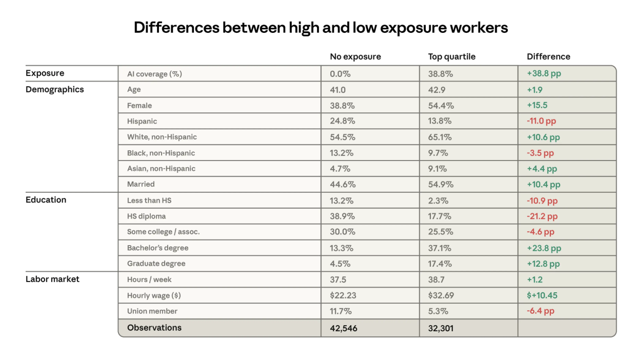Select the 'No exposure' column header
[x=355, y=56]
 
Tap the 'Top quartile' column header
[x=451, y=56]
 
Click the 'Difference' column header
[x=548, y=56]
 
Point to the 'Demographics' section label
[x=54, y=89]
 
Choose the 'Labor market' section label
[x=52, y=279]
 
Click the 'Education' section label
[x=46, y=200]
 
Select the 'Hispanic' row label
[x=142, y=122]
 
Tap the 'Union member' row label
[x=152, y=311]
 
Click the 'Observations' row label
[x=154, y=327]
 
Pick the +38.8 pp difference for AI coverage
[x=544, y=73]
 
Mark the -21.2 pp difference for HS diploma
[x=542, y=216]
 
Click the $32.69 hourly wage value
[x=441, y=295]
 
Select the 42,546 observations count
[x=344, y=328]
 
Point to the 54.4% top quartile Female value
[x=441, y=106]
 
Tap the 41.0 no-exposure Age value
[x=337, y=90]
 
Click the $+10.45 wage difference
[x=542, y=295]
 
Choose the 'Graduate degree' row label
[x=156, y=264]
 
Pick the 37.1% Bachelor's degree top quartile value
[x=440, y=248]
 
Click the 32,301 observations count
[x=441, y=328]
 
